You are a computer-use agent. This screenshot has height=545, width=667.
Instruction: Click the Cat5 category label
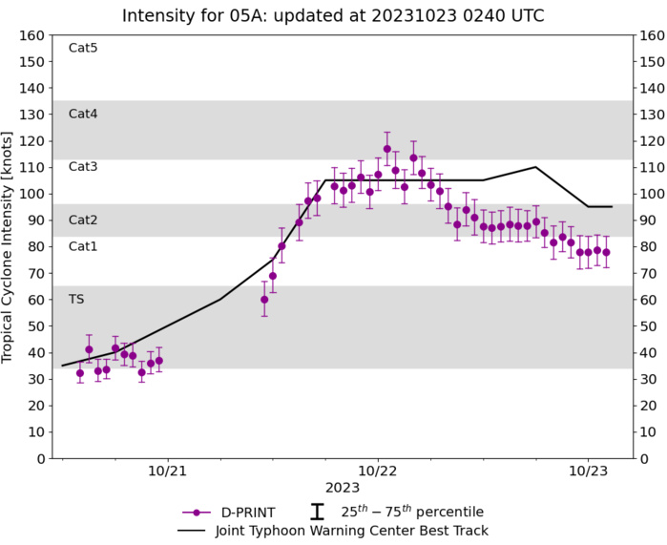pos(83,48)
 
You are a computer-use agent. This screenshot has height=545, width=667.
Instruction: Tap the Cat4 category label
pos(83,114)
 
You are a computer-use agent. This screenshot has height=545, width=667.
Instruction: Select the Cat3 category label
pos(83,166)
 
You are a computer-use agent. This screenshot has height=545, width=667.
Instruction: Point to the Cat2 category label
pos(83,220)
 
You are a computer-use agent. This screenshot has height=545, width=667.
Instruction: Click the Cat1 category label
pos(83,246)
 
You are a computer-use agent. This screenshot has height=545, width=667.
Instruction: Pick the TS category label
pos(76,299)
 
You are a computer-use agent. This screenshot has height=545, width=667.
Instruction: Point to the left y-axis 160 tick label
pos(33,35)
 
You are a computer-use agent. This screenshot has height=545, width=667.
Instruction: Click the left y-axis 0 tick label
pos(41,458)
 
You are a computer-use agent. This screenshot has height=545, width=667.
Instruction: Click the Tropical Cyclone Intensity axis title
pos(9,246)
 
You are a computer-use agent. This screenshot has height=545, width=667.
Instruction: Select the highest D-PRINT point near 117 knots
pos(386,149)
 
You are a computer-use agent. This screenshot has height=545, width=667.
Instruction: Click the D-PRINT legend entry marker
pos(198,512)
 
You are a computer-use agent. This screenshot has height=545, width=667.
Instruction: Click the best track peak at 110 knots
pos(536,167)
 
